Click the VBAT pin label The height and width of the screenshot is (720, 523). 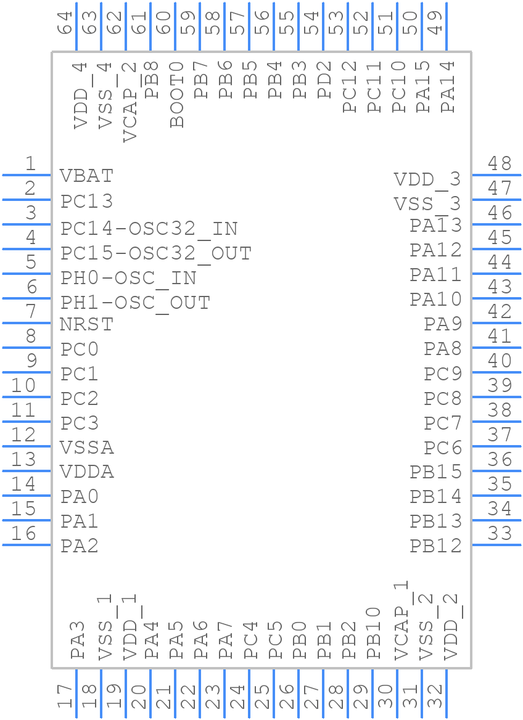[87, 176]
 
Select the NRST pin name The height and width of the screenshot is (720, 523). [87, 324]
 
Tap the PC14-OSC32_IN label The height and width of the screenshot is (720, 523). [149, 229]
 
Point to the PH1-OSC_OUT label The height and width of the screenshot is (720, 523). [136, 303]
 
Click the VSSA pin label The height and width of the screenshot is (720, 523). [87, 447]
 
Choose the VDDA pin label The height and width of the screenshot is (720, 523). [87, 472]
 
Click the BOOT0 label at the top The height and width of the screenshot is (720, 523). [178, 94]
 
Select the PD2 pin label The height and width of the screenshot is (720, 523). [325, 80]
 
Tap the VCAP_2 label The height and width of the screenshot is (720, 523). [130, 102]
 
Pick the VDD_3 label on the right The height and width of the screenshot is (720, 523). [427, 179]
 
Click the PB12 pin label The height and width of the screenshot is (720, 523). [435, 546]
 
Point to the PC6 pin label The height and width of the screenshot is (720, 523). [443, 448]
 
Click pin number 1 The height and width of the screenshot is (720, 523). [30, 164]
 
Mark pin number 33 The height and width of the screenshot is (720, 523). [500, 533]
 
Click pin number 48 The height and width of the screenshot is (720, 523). [500, 163]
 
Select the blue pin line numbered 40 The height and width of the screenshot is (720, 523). [496, 372]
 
